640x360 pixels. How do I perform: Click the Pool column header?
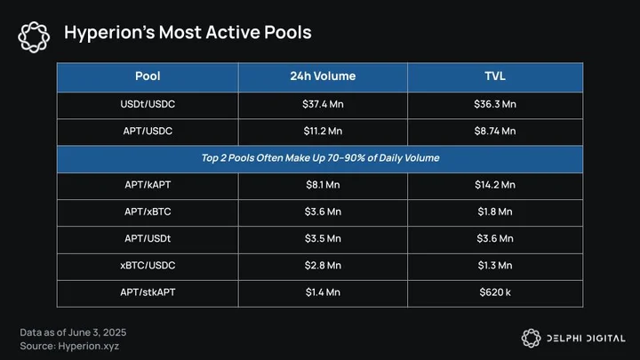(x=148, y=76)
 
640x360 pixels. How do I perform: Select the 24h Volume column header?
(x=323, y=76)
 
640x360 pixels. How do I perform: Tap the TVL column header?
(x=495, y=76)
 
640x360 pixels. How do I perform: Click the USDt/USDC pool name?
(x=148, y=104)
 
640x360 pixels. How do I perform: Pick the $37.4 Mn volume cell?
(x=323, y=104)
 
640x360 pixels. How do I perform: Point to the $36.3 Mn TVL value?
(x=495, y=104)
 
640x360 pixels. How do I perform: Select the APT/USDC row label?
(x=148, y=131)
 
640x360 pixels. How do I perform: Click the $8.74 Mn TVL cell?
(x=495, y=131)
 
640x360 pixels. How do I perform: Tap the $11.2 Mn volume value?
(x=323, y=131)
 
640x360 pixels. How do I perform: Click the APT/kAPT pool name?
(x=148, y=185)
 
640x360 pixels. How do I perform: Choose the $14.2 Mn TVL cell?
(x=495, y=185)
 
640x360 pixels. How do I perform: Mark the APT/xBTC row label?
(x=148, y=212)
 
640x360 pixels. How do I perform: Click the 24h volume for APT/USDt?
(x=323, y=238)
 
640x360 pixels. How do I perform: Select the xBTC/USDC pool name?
(x=148, y=265)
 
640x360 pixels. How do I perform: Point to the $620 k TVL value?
(x=495, y=292)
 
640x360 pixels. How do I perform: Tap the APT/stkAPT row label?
(x=148, y=292)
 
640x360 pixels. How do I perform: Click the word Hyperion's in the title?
(x=109, y=33)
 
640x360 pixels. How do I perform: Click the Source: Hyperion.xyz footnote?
(x=69, y=346)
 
